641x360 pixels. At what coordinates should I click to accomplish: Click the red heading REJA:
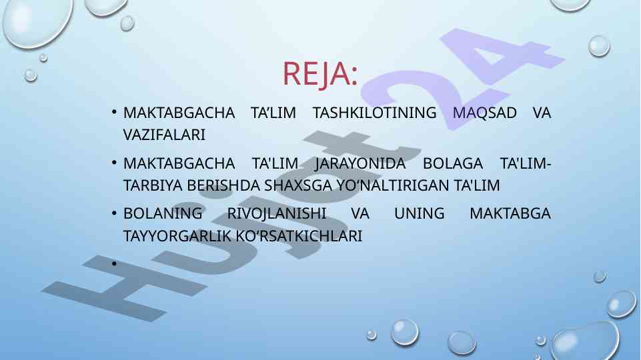tap(320, 74)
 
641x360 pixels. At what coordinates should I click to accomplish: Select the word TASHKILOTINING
tap(374, 113)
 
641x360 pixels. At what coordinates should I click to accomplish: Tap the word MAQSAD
tap(484, 113)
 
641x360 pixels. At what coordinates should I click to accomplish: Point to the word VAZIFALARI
tap(164, 135)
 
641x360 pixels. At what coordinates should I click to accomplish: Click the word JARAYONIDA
tap(360, 164)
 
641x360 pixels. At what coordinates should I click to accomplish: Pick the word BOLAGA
tap(452, 163)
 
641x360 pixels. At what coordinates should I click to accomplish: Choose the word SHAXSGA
tap(298, 185)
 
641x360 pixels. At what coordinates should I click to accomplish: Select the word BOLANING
tap(163, 213)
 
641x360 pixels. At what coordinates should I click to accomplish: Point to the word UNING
tap(419, 213)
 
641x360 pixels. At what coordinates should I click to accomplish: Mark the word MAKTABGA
tap(510, 213)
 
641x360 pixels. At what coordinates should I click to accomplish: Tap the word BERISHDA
tap(223, 185)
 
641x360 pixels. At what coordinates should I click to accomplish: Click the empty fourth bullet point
tap(115, 263)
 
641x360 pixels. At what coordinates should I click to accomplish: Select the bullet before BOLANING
tap(115, 213)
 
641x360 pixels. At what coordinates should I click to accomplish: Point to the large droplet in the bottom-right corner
tap(584, 341)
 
